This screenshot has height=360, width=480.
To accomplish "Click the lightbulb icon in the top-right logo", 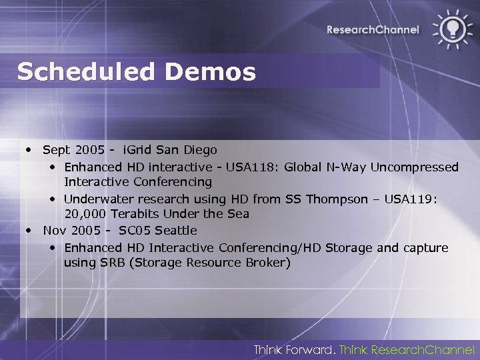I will tap(451, 29).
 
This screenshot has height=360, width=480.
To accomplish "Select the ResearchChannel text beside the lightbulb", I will tap(373, 29).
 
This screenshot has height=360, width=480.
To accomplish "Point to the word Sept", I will tap(56, 149).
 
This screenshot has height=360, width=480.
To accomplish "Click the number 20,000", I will tap(84, 214).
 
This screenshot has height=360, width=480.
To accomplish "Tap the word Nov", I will tap(54, 231).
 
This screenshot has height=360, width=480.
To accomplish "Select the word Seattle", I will tap(175, 231).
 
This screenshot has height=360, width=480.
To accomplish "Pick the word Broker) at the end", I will tap(268, 263).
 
